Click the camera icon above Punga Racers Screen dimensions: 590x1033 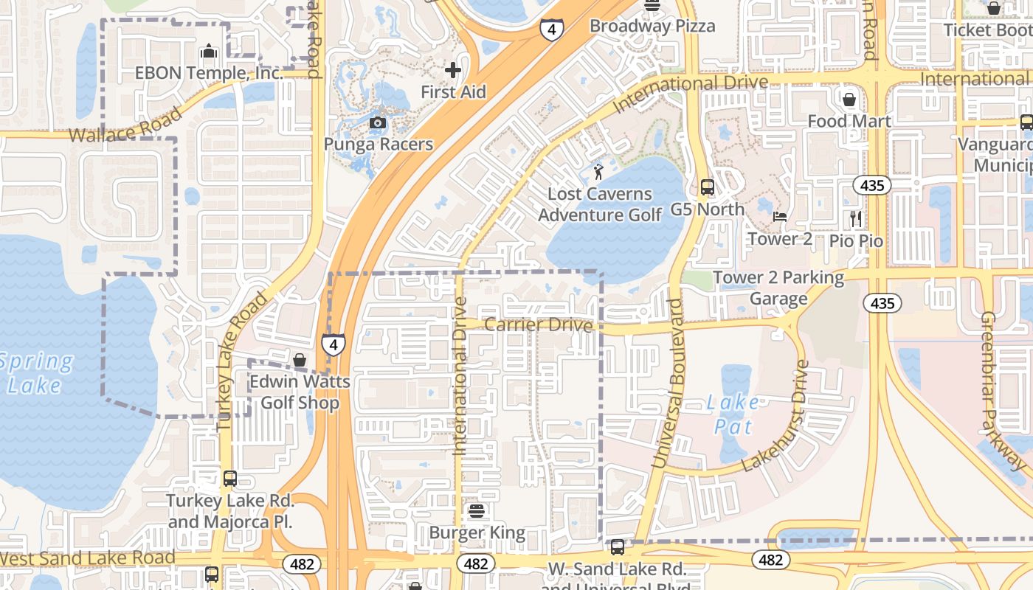tap(377, 122)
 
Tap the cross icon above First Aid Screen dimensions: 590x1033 tap(453, 70)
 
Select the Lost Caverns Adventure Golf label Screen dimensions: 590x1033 tap(599, 204)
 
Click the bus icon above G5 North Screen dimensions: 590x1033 tap(707, 187)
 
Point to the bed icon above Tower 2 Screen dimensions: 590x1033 tap(780, 217)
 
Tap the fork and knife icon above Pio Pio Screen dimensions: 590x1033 tap(856, 218)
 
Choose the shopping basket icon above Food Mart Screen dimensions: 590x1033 tap(849, 99)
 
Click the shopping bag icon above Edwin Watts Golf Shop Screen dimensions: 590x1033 tap(300, 361)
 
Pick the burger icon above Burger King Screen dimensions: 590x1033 tap(477, 510)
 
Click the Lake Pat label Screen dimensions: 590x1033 tap(732, 414)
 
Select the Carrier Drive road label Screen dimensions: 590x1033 tap(539, 325)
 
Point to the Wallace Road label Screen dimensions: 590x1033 tap(125, 125)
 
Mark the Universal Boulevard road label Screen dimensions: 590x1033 tap(668, 383)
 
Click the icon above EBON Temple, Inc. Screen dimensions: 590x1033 tap(209, 51)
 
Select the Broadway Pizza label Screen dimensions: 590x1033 tap(652, 26)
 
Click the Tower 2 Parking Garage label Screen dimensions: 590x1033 tap(778, 288)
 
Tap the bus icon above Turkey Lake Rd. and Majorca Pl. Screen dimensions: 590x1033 tap(229, 479)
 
